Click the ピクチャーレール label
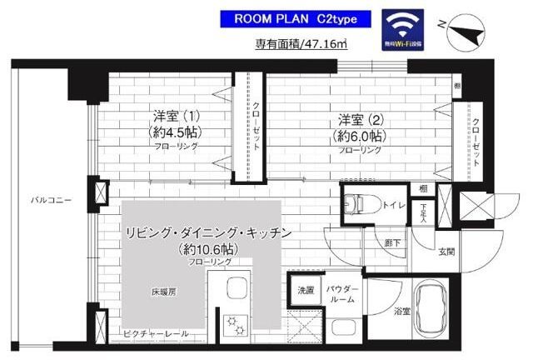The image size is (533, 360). click(x=157, y=334)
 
